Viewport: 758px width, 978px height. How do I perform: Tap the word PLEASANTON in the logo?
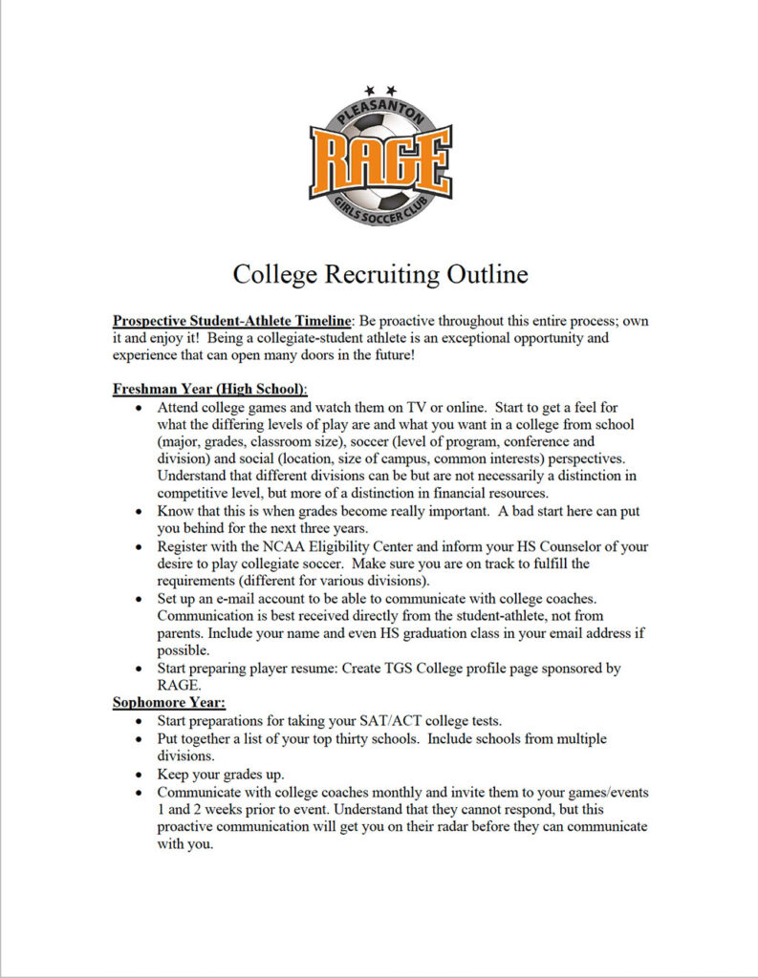pyautogui.click(x=379, y=112)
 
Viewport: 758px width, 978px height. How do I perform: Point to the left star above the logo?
pyautogui.click(x=370, y=90)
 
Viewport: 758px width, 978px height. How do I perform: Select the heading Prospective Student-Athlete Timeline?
pyautogui.click(x=231, y=321)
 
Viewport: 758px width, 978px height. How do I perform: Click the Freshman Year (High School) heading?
pyautogui.click(x=209, y=390)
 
